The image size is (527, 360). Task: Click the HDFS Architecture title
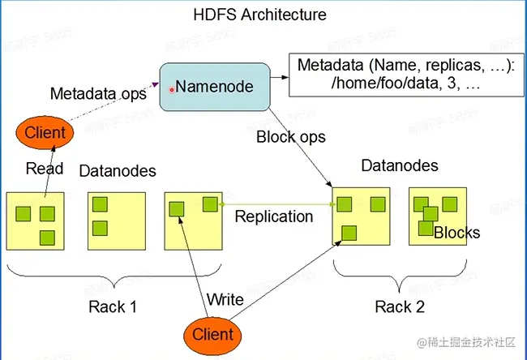click(260, 15)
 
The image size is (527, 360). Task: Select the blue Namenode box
click(213, 87)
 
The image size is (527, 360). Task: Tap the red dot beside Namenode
click(171, 90)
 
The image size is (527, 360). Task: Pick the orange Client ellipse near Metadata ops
click(45, 132)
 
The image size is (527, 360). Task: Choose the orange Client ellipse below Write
click(213, 334)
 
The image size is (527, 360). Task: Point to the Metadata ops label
click(98, 94)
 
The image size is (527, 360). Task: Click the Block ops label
click(290, 137)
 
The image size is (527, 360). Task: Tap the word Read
click(45, 169)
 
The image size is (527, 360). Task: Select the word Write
click(225, 300)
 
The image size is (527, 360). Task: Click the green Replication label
click(274, 216)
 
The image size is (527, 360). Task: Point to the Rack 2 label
click(401, 306)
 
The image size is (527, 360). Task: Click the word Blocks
click(456, 234)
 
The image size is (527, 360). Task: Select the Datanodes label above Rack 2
click(399, 166)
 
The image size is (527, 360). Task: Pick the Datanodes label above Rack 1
click(118, 172)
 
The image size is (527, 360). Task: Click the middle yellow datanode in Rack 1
click(116, 220)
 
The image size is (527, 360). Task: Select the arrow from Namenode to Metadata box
click(279, 79)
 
